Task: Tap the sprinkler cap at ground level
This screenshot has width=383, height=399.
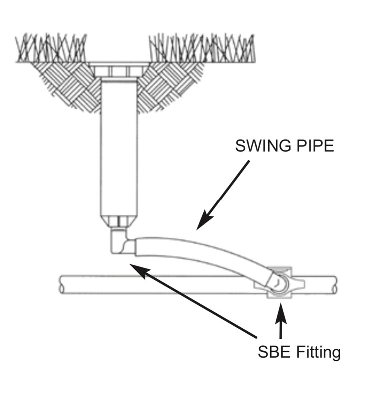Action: (118, 70)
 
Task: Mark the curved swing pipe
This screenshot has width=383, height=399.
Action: (200, 252)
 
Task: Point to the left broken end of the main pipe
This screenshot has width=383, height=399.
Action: (61, 284)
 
